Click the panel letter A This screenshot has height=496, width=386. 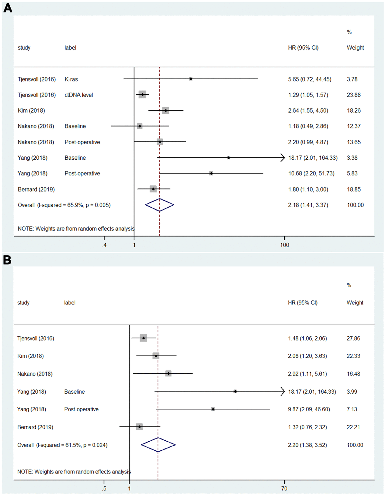pos(8,8)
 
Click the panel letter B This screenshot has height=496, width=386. pos(7,260)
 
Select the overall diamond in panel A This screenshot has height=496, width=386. pos(160,205)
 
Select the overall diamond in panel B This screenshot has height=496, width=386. pos(158,445)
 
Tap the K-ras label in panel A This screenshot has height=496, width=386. pos(71,79)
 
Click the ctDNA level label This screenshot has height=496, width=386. pos(78,95)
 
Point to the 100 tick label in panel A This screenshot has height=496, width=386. pos(284,245)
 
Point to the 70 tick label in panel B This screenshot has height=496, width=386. pos(284,488)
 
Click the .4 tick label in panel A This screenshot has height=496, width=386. pos(104,245)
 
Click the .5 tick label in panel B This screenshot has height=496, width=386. pos(104,488)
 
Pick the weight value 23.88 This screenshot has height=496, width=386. pos(354,95)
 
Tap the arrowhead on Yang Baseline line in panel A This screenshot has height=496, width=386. pos(283,158)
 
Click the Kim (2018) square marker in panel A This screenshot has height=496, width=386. pos(166,110)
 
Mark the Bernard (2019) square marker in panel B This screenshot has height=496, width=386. pos(139,427)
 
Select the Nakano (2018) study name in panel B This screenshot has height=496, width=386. pos(35,374)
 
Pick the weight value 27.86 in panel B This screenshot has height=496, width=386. pos(353,338)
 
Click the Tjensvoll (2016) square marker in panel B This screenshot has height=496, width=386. pos(143,338)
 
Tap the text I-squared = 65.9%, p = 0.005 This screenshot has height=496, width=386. pos(74,205)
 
